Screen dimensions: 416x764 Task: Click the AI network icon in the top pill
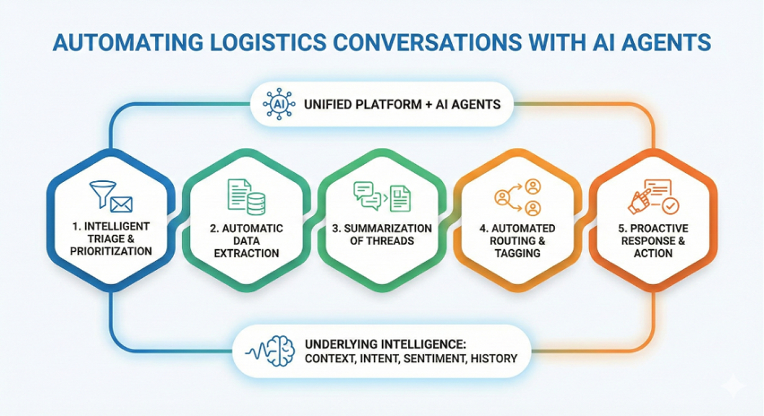click(277, 104)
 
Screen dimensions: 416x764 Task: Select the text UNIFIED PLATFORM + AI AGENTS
click(402, 104)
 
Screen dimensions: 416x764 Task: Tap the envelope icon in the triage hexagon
click(122, 203)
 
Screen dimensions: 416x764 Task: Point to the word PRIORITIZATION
click(112, 251)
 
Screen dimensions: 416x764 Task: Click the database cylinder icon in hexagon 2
click(256, 203)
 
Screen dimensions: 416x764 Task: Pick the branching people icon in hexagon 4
click(518, 196)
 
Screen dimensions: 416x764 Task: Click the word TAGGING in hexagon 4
click(518, 253)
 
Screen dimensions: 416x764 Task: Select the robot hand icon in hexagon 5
click(638, 201)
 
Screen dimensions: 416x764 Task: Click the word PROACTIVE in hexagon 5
click(656, 228)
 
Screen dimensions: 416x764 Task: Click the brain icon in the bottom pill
click(282, 350)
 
